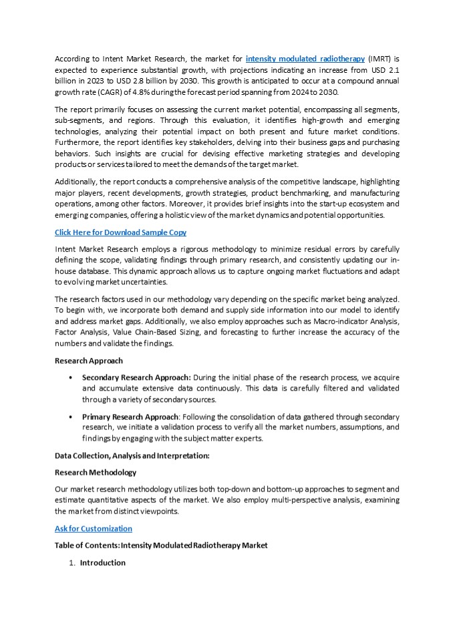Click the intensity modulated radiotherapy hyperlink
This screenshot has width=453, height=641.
[x=304, y=59]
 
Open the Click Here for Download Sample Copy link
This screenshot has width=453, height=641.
[x=120, y=232]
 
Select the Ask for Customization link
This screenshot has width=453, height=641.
[x=93, y=528]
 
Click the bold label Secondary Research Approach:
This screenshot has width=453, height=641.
[x=136, y=377]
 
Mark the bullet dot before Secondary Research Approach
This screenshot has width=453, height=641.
[x=71, y=377]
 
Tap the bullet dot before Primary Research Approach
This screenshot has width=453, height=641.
[x=71, y=416]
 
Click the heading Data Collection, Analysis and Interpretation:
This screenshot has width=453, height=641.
[x=132, y=455]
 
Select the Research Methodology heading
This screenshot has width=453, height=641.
[x=95, y=472]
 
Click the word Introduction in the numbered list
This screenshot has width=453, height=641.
[x=103, y=562]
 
